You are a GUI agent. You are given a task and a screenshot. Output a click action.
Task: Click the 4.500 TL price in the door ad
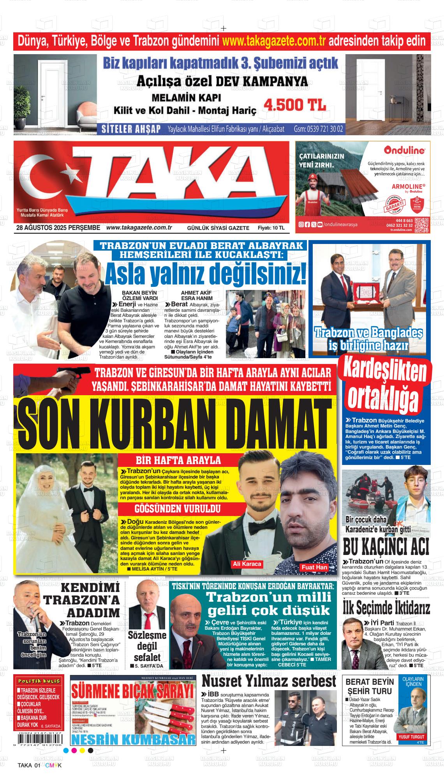(295, 105)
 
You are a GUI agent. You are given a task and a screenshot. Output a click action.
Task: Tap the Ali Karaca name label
(247, 564)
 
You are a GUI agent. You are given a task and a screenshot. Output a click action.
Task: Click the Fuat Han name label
(314, 567)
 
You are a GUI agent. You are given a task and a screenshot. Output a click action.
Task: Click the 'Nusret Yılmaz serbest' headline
(269, 682)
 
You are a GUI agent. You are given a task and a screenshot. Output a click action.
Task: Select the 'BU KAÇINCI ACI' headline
(386, 547)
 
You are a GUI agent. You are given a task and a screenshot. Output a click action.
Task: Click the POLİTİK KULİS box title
(38, 681)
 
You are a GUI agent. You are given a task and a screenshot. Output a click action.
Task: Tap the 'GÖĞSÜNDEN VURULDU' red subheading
(178, 509)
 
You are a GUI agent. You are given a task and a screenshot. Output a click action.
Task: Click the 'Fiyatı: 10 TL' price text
(271, 228)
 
